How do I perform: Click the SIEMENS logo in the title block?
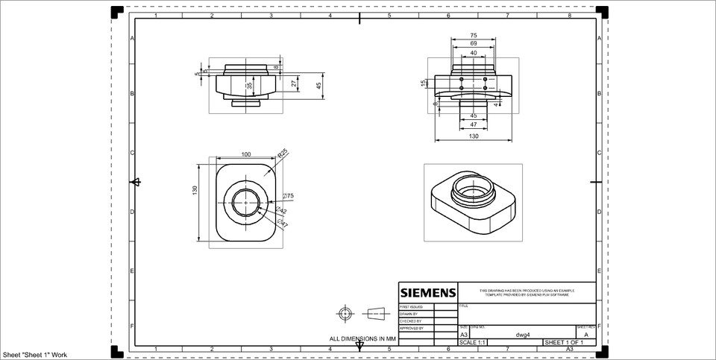pyautogui.click(x=427, y=291)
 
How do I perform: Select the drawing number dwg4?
pyautogui.click(x=523, y=335)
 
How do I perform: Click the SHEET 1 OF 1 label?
pyautogui.click(x=565, y=342)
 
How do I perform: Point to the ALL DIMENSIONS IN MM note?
pyautogui.click(x=362, y=338)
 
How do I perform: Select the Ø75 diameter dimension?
pyautogui.click(x=288, y=196)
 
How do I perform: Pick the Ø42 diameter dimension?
pyautogui.click(x=282, y=212)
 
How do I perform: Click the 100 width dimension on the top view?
pyautogui.click(x=245, y=154)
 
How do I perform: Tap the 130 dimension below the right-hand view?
pyautogui.click(x=474, y=136)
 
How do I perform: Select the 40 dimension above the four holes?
pyautogui.click(x=474, y=54)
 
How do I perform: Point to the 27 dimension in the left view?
pyautogui.click(x=294, y=84)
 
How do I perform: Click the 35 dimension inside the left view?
pyautogui.click(x=250, y=86)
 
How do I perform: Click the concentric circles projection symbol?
pyautogui.click(x=344, y=312)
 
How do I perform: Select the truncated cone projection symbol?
pyautogui.click(x=377, y=312)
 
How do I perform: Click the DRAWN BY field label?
pyautogui.click(x=410, y=314)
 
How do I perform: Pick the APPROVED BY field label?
pyautogui.click(x=412, y=328)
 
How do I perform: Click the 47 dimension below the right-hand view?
pyautogui.click(x=474, y=124)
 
